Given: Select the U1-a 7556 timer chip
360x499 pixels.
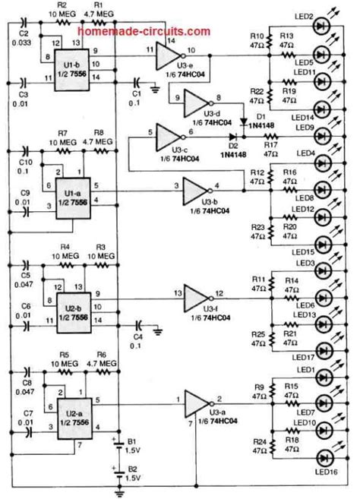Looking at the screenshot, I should tap(74, 187).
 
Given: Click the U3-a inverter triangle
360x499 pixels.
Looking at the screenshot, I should tap(197, 401).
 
